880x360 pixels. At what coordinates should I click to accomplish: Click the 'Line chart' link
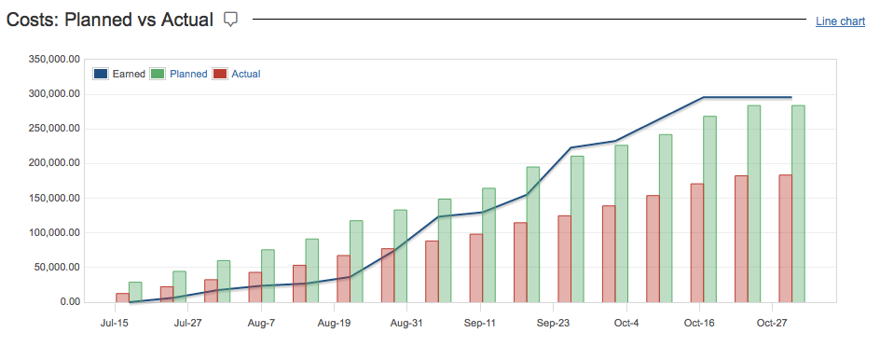[840, 21]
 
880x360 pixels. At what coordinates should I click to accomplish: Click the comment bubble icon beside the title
[231, 19]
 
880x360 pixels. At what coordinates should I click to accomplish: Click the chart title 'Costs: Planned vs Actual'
[110, 20]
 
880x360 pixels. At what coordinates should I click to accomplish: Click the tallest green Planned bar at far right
[798, 203]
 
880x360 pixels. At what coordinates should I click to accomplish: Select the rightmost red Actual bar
[785, 238]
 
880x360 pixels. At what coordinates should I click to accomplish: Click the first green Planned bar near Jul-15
[136, 292]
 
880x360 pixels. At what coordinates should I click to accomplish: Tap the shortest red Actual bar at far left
[122, 298]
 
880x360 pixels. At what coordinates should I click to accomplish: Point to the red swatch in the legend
[220, 74]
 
